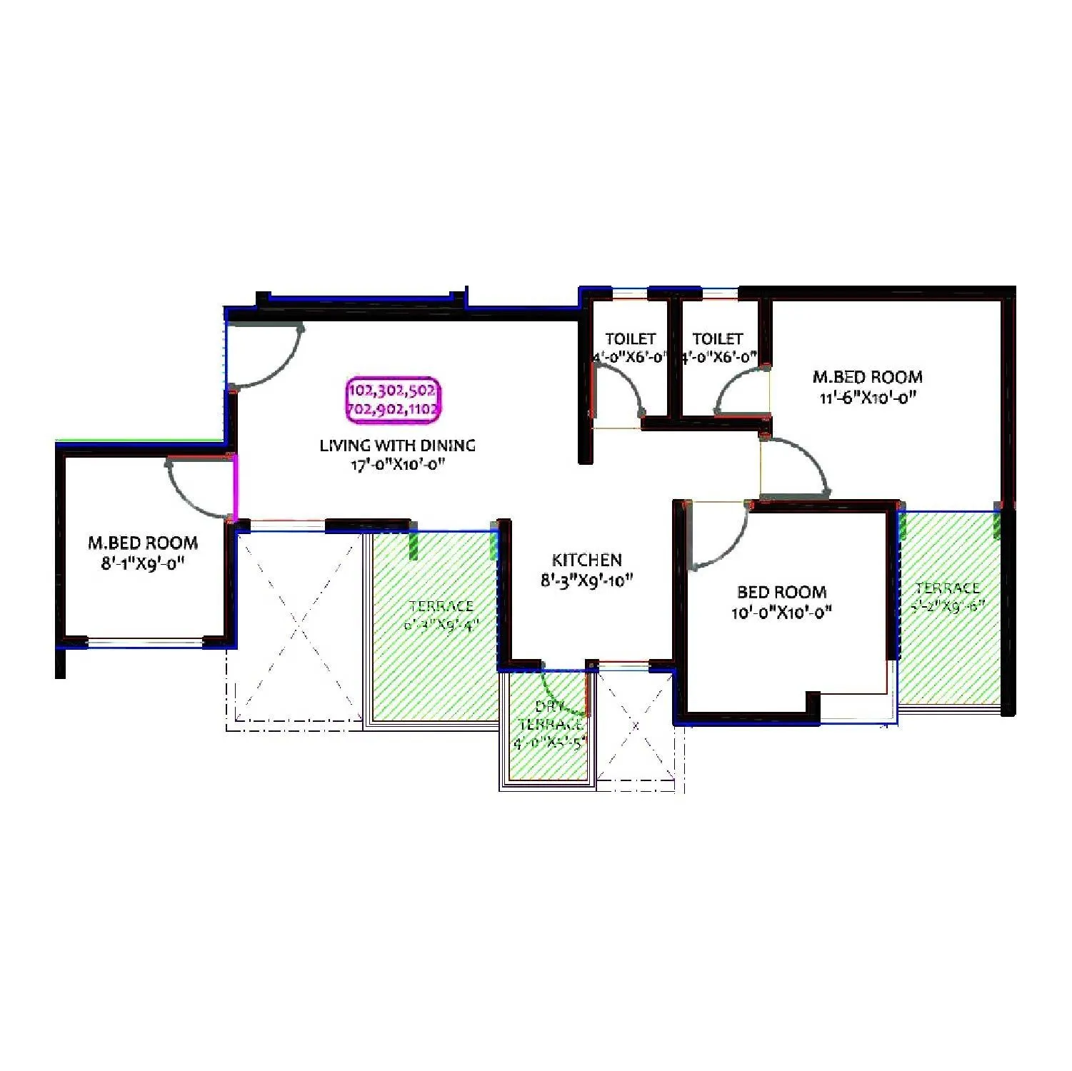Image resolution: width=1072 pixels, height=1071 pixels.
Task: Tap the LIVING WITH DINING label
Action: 397,446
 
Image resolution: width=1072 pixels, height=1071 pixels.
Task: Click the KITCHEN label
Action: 587,560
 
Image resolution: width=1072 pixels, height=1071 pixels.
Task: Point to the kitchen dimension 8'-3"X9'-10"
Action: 587,580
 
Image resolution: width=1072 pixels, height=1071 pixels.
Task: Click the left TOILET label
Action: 631,338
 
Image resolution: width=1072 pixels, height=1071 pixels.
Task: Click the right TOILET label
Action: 718,338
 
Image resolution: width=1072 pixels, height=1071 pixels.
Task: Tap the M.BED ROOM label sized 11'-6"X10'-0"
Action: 868,377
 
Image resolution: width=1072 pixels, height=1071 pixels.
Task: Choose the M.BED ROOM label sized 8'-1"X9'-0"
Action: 143,543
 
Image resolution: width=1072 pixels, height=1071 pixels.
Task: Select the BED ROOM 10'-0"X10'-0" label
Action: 782,592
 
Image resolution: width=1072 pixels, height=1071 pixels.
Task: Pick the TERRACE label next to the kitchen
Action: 441,606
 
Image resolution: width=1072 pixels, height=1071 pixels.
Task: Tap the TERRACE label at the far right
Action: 948,588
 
